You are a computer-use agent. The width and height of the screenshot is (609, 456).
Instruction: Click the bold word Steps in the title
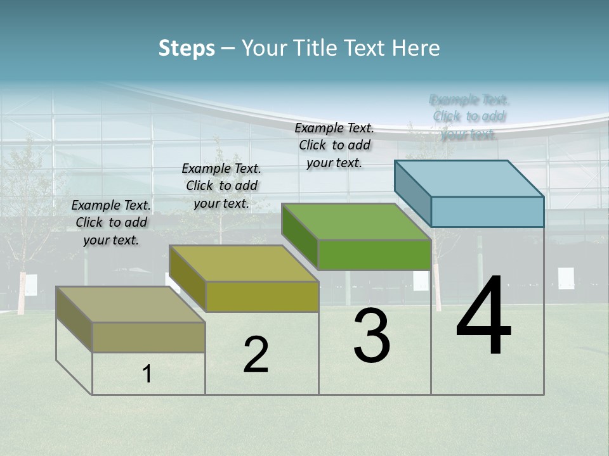(187, 48)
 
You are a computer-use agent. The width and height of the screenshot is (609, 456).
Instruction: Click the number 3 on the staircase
(372, 336)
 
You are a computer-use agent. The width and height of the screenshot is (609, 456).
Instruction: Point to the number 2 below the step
(256, 355)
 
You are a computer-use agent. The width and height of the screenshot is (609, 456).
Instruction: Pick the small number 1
(147, 374)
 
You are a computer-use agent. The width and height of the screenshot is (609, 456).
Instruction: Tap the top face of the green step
(356, 222)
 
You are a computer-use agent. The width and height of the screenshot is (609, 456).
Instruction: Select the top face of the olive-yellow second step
(244, 263)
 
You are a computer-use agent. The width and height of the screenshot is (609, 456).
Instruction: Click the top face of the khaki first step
(131, 305)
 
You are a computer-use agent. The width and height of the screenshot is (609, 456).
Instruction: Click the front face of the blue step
(487, 212)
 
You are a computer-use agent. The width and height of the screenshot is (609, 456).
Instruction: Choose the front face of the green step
(374, 255)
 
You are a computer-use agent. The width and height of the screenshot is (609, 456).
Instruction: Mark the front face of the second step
(262, 296)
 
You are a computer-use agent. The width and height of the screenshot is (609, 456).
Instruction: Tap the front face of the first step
(148, 337)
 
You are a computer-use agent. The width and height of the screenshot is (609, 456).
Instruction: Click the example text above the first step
(111, 222)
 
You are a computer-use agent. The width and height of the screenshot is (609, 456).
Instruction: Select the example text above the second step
(221, 186)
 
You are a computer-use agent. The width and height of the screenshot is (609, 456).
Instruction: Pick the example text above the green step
(334, 145)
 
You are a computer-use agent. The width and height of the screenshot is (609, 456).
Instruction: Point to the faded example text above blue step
(469, 117)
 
